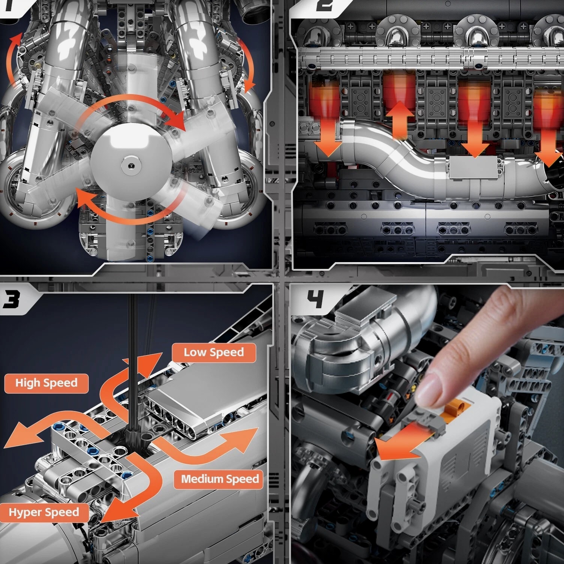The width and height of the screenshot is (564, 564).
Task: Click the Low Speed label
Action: coord(214,352)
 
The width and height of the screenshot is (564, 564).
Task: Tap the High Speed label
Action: coord(46,383)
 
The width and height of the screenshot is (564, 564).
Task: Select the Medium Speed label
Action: coord(220,479)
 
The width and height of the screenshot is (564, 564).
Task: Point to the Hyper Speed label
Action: coord(44,513)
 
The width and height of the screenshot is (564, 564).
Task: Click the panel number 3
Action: coord(12,300)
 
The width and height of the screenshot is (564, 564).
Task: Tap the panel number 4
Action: coord(315,300)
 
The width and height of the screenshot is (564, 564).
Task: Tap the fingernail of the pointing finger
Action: coord(429,389)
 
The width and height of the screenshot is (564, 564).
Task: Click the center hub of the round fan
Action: coord(130,163)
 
